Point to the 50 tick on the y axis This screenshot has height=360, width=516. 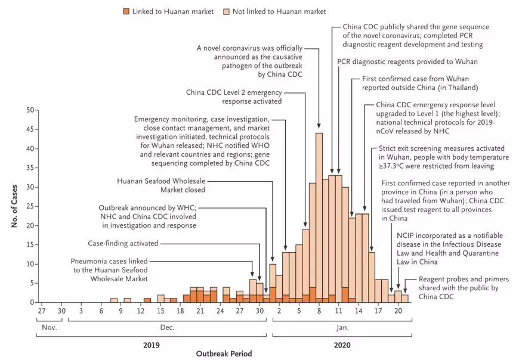[30, 110]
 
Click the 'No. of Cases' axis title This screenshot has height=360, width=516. [13, 206]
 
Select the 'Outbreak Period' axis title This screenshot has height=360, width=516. [224, 353]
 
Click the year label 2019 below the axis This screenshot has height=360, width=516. [150, 344]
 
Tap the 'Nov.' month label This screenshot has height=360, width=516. [49, 327]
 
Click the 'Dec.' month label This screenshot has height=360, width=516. [166, 327]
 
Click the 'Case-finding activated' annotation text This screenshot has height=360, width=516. [122, 243]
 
